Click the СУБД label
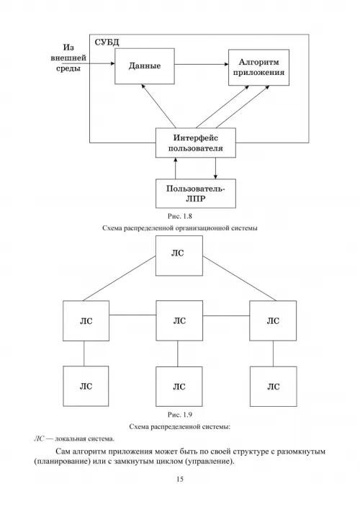click(107, 42)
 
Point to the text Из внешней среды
click(68, 58)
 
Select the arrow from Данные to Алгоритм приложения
click(202, 64)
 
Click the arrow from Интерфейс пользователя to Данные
click(158, 106)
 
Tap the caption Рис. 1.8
click(180, 216)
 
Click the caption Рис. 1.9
click(180, 415)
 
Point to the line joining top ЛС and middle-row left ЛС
click(119, 278)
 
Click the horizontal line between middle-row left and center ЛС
click(132, 315)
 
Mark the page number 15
click(180, 479)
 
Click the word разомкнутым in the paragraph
click(301, 451)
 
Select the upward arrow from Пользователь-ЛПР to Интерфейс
click(176, 168)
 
